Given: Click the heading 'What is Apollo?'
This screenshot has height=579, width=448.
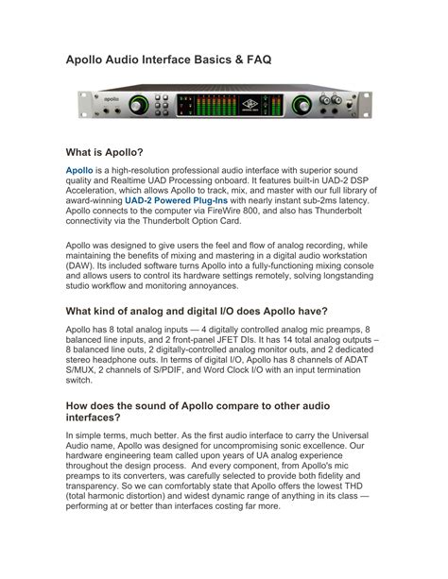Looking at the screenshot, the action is tap(104, 151).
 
